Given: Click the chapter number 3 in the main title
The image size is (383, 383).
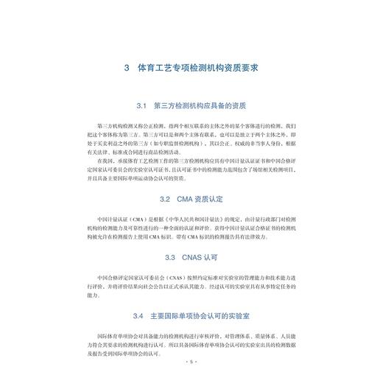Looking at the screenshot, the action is [127, 68].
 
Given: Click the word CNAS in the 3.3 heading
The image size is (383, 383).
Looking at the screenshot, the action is [193, 258].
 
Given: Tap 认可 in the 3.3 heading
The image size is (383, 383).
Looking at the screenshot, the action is [217, 258].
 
